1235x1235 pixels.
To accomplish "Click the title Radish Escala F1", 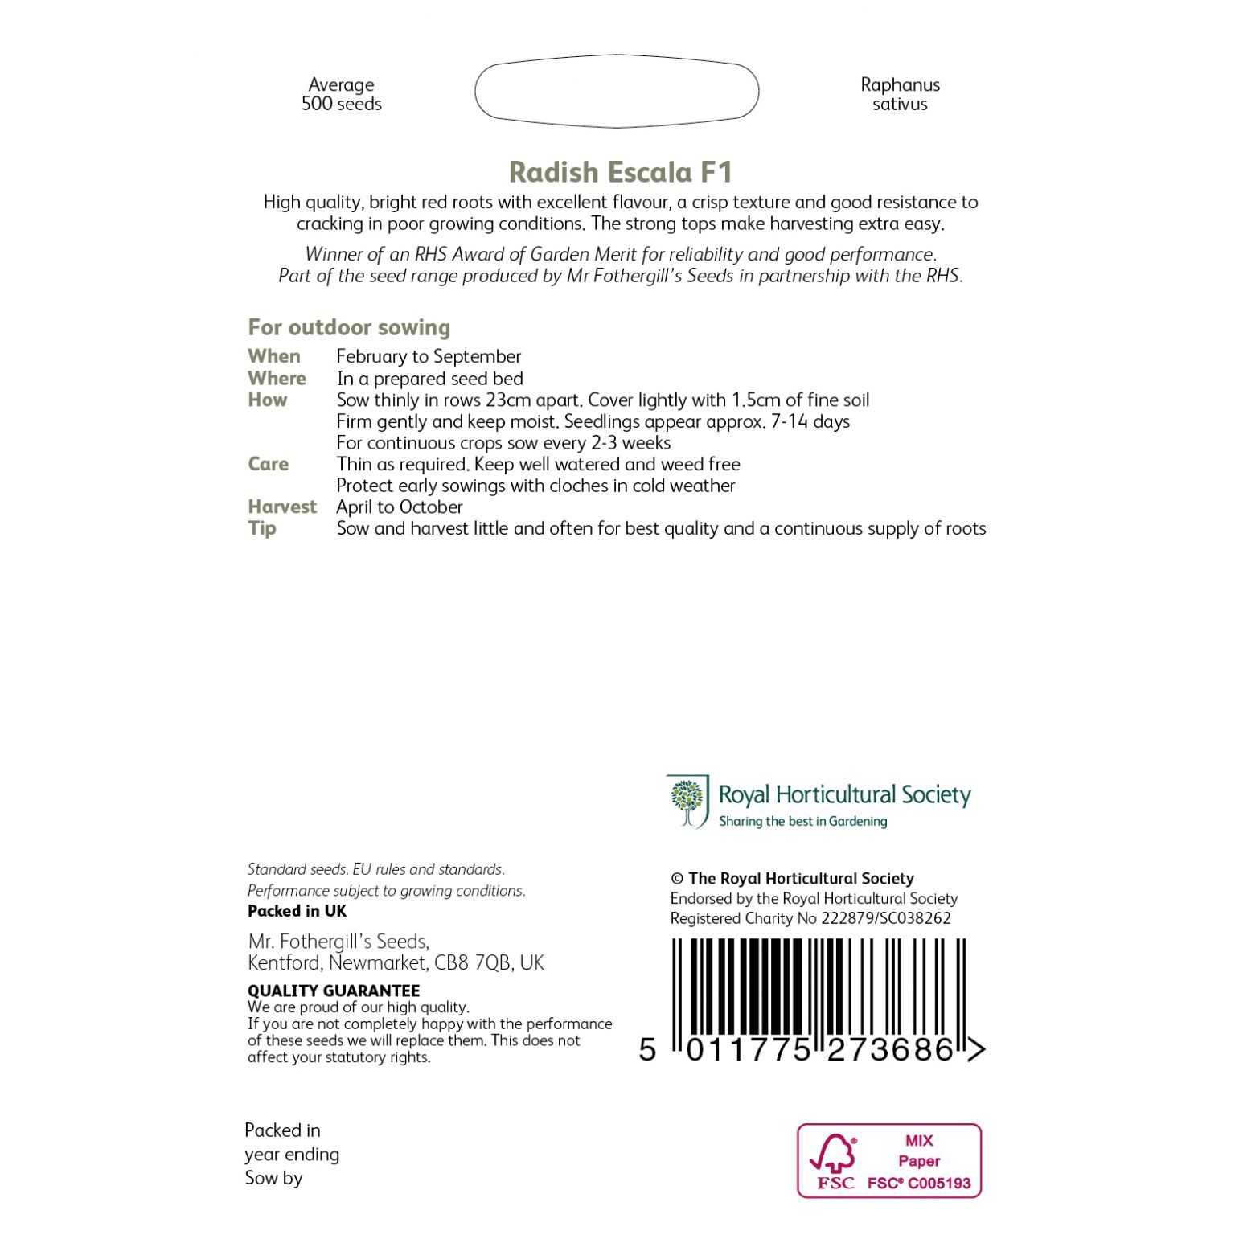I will pos(620,172).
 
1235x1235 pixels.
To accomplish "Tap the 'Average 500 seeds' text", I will pos(341,94).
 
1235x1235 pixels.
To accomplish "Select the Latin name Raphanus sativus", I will pos(900,94).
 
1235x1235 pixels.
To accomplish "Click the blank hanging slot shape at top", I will pos(617,92).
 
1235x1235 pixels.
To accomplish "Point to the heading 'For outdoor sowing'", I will pos(349,327).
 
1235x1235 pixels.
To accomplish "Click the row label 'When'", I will pos(274,356).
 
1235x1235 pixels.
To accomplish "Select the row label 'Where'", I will pos(277,378).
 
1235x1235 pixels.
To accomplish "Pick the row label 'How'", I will pos(267,400).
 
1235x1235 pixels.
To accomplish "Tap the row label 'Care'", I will pos(268,464).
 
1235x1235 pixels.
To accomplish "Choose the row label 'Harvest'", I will pos(282,507).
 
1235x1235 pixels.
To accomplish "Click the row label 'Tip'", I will pos(262,528).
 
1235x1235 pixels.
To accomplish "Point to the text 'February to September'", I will pos(429,356).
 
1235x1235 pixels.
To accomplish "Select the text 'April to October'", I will pos(400,507).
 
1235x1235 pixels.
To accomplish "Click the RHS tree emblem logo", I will pos(687,801).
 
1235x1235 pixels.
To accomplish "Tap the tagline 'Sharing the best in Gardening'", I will pos(802,821).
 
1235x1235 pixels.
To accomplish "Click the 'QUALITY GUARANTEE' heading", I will pos(334,991).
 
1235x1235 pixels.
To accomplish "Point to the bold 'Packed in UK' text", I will pos(297,911).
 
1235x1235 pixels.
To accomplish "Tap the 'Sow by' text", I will pos(274,1178).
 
